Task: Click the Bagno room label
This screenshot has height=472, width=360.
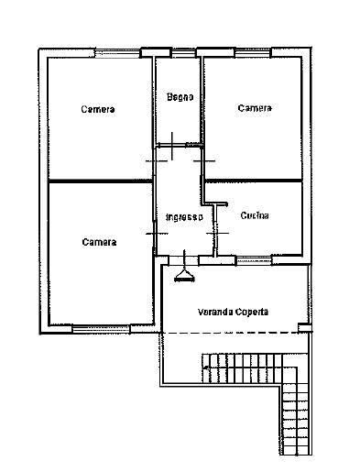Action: click(180, 97)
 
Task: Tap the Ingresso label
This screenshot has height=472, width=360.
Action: click(184, 217)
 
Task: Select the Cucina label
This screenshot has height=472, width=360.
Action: click(255, 215)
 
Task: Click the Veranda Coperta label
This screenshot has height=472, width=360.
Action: click(233, 312)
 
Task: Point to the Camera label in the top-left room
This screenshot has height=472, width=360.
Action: click(98, 109)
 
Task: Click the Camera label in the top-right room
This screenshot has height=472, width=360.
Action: click(255, 108)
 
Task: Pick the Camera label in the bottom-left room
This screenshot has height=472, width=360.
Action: click(99, 242)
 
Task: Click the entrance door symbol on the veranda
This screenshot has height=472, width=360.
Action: click(184, 267)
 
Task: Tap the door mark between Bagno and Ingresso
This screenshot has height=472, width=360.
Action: click(172, 146)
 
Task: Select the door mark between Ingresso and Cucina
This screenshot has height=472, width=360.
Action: click(217, 233)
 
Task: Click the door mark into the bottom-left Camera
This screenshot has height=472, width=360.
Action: click(157, 234)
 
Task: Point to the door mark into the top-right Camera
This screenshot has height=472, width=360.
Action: click(204, 160)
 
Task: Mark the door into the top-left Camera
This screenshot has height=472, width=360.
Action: click(156, 160)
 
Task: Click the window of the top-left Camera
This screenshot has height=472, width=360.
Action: click(117, 53)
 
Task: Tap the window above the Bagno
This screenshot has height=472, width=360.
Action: click(183, 53)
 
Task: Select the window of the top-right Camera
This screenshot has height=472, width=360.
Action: click(253, 52)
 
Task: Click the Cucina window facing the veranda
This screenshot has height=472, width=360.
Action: click(255, 260)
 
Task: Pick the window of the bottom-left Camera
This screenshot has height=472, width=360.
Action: click(101, 329)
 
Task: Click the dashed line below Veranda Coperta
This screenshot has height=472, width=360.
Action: click(231, 333)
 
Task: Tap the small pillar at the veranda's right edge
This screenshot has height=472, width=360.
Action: click(305, 327)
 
